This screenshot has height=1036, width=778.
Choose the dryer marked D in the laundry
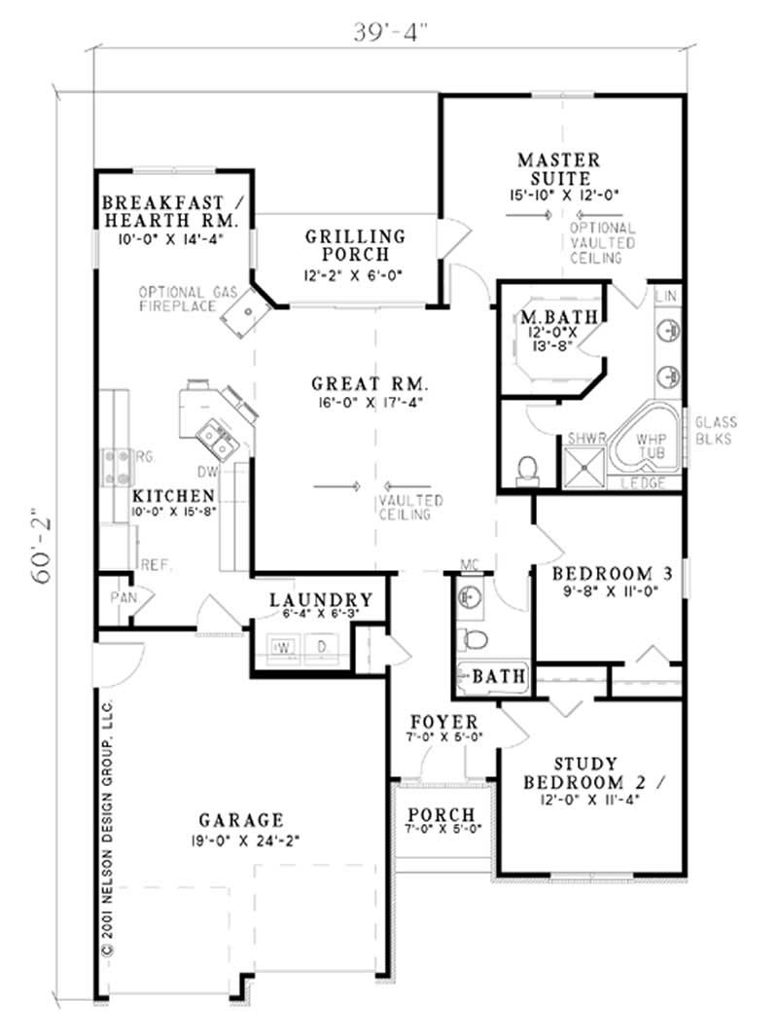[x=320, y=647]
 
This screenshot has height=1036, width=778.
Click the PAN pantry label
[x=122, y=596]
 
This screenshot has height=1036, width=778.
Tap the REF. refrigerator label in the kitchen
[x=156, y=564]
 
